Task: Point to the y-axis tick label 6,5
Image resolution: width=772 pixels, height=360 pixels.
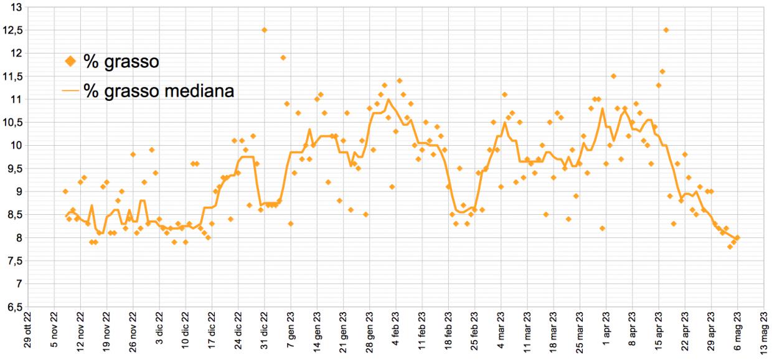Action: [14, 306]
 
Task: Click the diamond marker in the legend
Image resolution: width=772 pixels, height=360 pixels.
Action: [70, 61]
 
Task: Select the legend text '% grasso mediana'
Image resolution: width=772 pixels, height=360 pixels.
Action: [159, 91]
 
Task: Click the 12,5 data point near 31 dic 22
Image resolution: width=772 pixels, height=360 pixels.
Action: [264, 30]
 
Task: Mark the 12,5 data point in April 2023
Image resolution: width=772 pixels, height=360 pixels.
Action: [666, 30]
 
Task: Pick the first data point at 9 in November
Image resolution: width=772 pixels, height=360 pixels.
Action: [65, 191]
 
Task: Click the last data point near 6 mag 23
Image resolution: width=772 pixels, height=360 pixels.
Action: [737, 237]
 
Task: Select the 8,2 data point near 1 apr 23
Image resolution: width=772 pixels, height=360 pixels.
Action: [602, 228]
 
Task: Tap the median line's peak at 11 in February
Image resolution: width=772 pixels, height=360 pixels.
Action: [388, 99]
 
